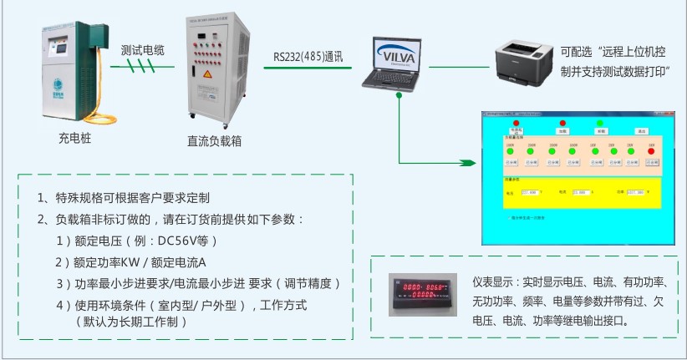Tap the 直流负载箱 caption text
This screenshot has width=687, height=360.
pos(214,142)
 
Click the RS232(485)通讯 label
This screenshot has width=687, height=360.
pos(308,57)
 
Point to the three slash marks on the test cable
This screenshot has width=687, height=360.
pos(142,66)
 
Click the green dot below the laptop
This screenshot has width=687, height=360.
pos(400,94)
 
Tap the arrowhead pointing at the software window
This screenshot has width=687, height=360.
pos(477,160)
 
